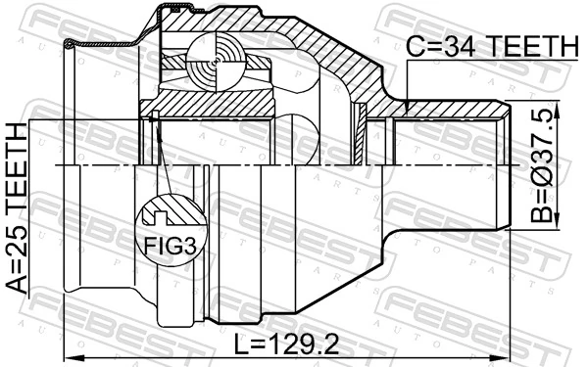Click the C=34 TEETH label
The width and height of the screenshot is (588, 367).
pos(493,46)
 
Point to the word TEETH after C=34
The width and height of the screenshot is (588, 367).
pos(534,46)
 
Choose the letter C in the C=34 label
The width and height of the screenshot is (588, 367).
pos(416,46)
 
